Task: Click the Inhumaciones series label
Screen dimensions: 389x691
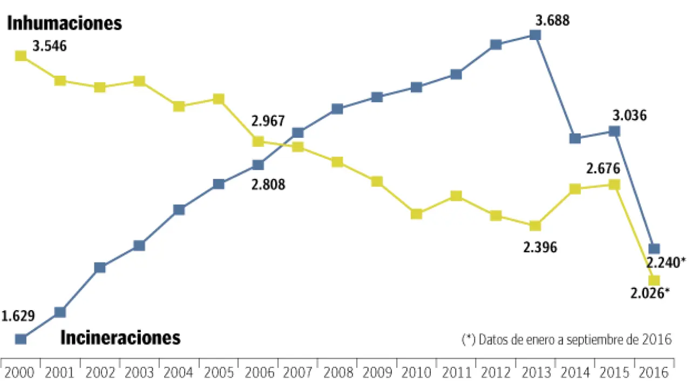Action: point(64,23)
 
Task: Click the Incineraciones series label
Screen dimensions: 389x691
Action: point(120,338)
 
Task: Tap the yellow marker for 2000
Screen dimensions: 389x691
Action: point(21,56)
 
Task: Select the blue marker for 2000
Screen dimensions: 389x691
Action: point(21,339)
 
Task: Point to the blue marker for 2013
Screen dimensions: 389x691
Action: point(535,35)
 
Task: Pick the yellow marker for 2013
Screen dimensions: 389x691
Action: point(535,226)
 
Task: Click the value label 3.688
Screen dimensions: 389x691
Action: point(552,22)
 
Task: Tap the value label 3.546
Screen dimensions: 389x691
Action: point(50,46)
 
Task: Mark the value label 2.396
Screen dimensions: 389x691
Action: point(539,247)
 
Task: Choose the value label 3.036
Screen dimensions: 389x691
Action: point(629,116)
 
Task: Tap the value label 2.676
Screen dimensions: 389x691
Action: point(604,168)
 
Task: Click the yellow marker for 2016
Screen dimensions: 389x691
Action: point(654,280)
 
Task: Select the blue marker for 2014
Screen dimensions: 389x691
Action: point(575,138)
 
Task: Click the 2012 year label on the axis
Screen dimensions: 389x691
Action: point(496,372)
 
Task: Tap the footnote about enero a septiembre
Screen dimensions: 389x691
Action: point(567,339)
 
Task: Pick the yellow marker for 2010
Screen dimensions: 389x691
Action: point(416,214)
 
